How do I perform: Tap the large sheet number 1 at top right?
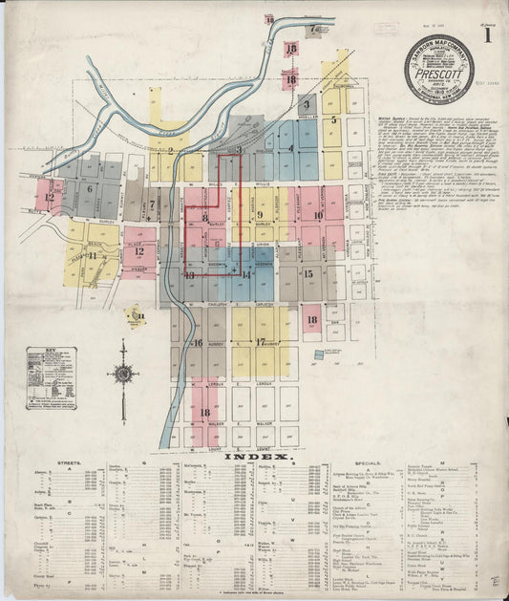tap(488, 38)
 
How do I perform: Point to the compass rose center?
tap(123, 374)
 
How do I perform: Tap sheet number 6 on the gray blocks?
tap(90, 189)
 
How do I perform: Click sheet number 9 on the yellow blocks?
tap(260, 215)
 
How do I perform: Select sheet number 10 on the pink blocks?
tap(317, 215)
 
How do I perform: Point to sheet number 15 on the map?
tap(308, 273)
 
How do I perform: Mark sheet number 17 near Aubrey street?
tap(260, 341)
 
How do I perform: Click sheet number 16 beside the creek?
tap(198, 342)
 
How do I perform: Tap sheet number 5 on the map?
tap(333, 120)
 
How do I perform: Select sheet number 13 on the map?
tap(190, 275)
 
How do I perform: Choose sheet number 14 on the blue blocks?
tap(246, 274)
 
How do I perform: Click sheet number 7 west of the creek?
tap(152, 204)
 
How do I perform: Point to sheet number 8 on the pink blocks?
tap(204, 218)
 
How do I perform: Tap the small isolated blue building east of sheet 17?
tap(319, 354)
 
